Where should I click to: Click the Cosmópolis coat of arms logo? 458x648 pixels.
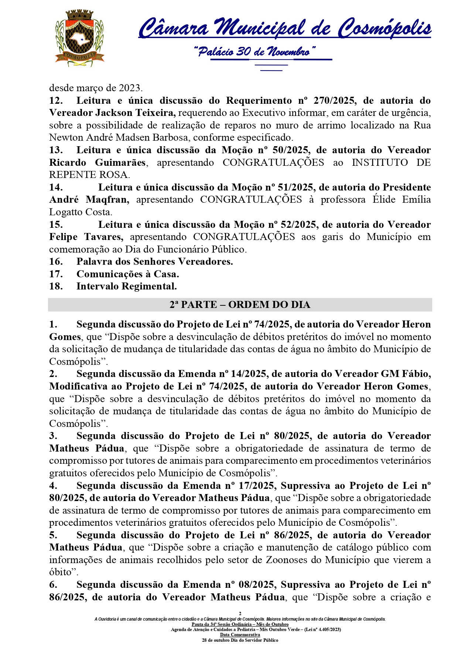(79, 38)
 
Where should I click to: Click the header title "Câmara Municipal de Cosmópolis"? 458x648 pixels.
(285, 28)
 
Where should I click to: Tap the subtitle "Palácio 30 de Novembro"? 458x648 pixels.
(254, 51)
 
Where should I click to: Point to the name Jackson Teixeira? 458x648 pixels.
(135, 113)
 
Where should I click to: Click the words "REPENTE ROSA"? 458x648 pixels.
(89, 175)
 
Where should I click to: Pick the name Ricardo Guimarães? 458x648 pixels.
(98, 163)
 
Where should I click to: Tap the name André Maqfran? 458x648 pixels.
(89, 200)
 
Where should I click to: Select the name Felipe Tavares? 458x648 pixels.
(86, 237)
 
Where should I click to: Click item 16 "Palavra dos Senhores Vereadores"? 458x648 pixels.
(154, 262)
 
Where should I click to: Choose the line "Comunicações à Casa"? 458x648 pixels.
(127, 274)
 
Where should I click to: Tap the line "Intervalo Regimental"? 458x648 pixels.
(126, 287)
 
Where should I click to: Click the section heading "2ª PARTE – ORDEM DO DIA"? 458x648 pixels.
(240, 305)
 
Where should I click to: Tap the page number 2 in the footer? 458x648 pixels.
(240, 613)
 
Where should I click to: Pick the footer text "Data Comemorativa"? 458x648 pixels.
(240, 635)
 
